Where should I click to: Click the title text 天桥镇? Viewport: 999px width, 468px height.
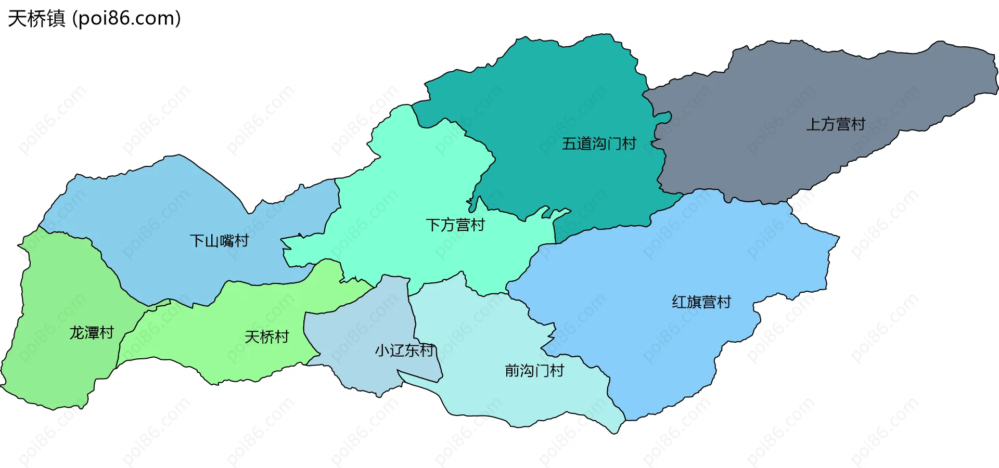pos(36,19)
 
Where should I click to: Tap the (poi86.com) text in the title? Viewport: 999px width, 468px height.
pos(126,19)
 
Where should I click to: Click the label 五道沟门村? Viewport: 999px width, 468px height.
pos(599,144)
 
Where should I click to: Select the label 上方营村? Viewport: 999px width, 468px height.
pos(835,124)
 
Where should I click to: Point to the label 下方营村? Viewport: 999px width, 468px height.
pos(455,225)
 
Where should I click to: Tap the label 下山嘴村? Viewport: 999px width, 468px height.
pos(219,241)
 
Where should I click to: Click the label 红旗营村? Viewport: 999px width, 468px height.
pos(701,302)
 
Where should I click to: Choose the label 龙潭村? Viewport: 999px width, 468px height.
pos(92,333)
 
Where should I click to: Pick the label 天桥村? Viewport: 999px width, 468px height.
pos(266,337)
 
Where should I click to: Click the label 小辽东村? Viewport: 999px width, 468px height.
pos(404,350)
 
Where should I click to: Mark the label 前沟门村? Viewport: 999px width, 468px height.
pos(534,371)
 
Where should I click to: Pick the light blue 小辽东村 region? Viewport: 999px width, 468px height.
pos(364,364)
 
